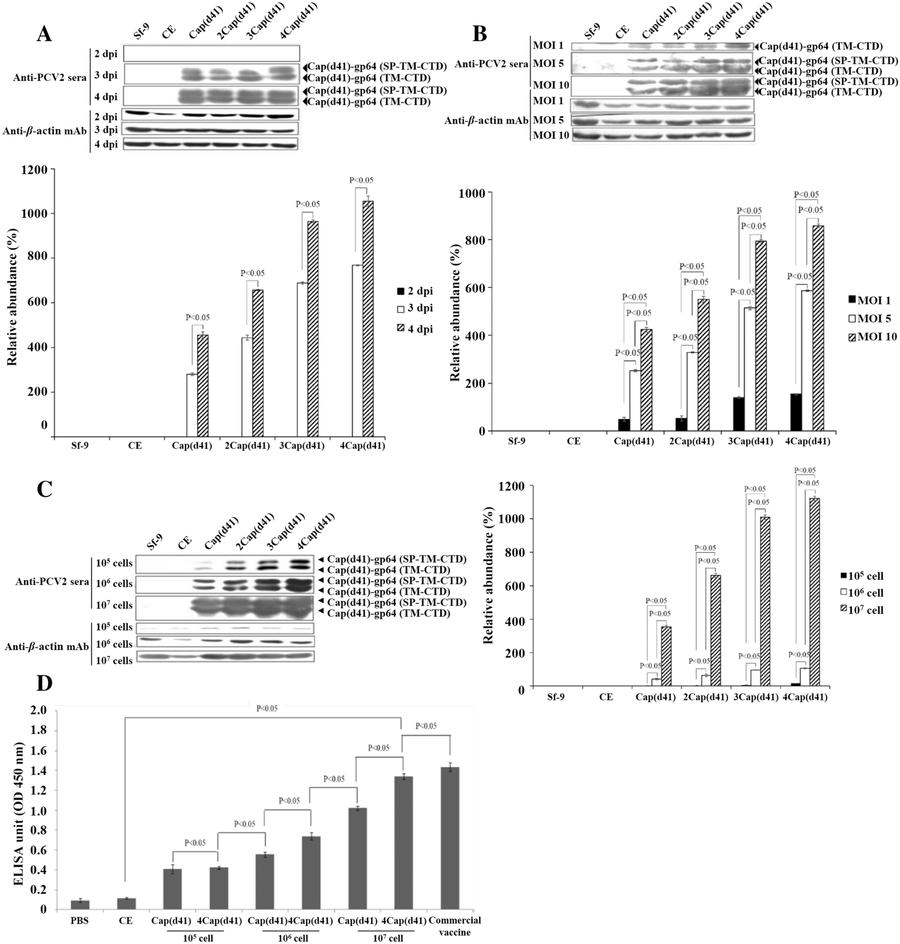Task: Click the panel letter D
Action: [44, 683]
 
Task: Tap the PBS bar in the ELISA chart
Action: [79, 905]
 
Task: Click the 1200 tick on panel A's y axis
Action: [35, 170]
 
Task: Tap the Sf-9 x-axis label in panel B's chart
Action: [517, 442]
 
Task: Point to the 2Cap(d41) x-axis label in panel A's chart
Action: [245, 446]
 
